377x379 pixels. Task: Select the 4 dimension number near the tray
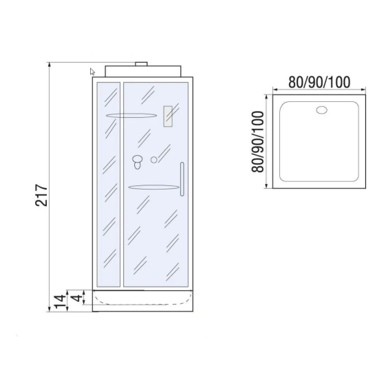78,298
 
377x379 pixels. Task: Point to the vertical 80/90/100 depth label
258,142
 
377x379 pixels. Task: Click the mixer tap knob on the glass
138,163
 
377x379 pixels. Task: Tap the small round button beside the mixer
154,160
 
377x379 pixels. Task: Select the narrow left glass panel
109,185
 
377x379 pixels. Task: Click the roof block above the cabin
143,72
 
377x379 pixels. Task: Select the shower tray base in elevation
143,300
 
